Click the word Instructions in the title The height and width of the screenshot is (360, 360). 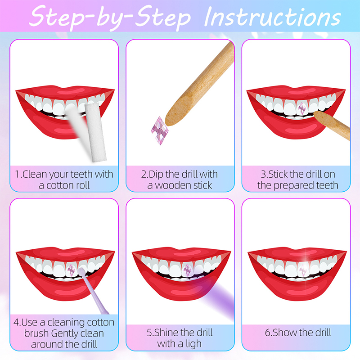click(272, 17)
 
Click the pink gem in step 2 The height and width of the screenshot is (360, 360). click(160, 130)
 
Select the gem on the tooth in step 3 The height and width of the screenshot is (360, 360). click(301, 108)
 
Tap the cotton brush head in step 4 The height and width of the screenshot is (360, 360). click(81, 271)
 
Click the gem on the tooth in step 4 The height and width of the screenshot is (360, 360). click(71, 270)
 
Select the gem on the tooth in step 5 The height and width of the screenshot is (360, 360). click(187, 270)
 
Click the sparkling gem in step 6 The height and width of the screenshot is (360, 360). click(303, 270)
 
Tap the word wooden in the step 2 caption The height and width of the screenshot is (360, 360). click(170, 185)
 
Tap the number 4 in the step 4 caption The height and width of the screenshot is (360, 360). click(16, 322)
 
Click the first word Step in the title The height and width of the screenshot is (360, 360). click(57, 16)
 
